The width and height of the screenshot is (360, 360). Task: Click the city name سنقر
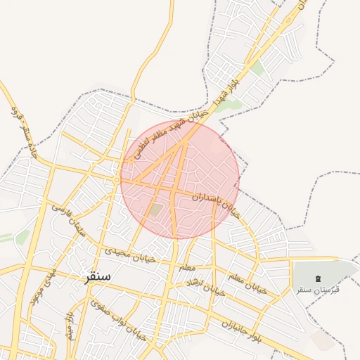point(97,276)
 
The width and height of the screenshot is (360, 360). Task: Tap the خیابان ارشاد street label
point(204,287)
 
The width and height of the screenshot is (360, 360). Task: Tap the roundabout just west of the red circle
point(117,181)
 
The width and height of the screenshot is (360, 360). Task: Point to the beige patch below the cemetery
point(324,339)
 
